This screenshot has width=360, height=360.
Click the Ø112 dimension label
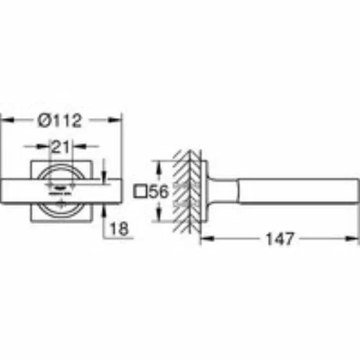pyautogui.click(x=60, y=120)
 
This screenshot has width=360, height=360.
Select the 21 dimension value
pyautogui.click(x=60, y=146)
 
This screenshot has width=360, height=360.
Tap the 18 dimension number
pyautogui.click(x=119, y=229)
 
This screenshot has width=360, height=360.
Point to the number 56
pyautogui.click(x=159, y=192)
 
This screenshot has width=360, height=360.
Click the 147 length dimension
pyautogui.click(x=280, y=239)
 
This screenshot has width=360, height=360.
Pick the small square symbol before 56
pyautogui.click(x=140, y=192)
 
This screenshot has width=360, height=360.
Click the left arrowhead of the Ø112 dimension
pyautogui.click(x=7, y=120)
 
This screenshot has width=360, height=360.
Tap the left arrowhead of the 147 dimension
pyautogui.click(x=207, y=238)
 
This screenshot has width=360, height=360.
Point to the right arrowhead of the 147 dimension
pyautogui.click(x=352, y=238)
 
